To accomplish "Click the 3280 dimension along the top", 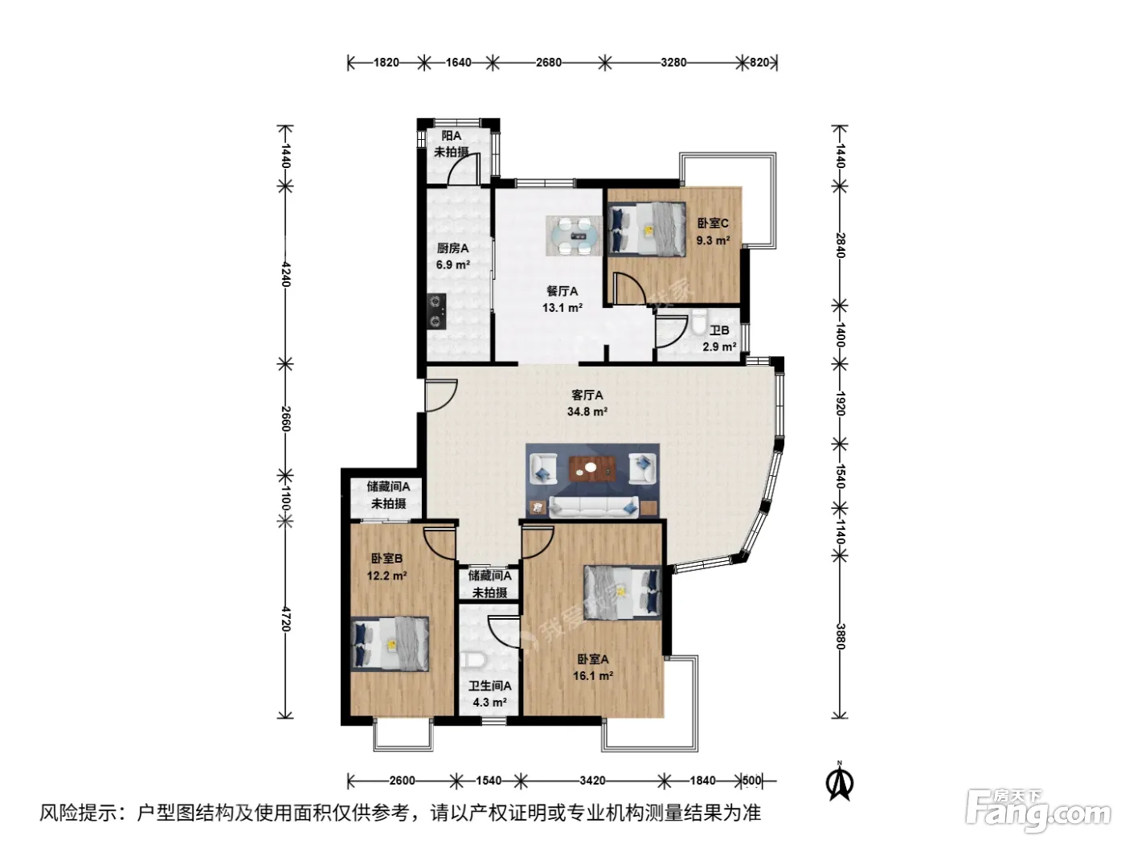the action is (x=673, y=63).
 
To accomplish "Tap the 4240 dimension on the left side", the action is (x=286, y=275).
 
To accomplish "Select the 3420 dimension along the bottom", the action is (x=592, y=780).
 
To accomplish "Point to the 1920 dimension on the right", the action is (x=840, y=404).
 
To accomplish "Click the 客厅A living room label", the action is (x=587, y=395).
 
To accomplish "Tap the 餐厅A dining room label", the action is (x=562, y=291).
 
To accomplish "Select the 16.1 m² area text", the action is (x=593, y=675).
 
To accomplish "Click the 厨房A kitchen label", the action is (x=452, y=248).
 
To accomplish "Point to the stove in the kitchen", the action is (x=436, y=311).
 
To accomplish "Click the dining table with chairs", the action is (x=574, y=236).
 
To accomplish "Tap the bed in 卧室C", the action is (x=647, y=229).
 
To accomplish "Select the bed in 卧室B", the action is (x=390, y=644).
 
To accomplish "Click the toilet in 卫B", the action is (x=698, y=322).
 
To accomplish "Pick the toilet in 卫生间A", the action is (x=472, y=660).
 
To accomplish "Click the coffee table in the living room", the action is (x=592, y=469).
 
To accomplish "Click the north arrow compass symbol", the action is (x=840, y=780).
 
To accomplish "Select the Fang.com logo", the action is (x=1037, y=809).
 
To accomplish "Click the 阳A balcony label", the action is (x=452, y=136).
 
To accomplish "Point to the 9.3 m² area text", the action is (x=713, y=240).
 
